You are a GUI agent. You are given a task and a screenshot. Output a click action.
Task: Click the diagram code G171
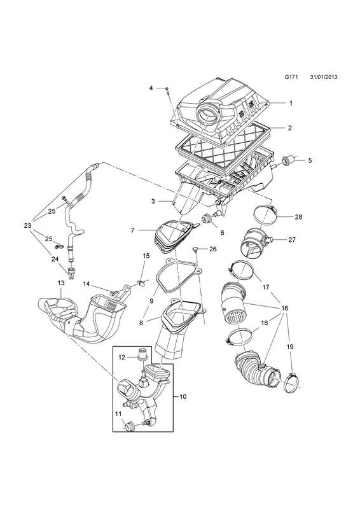pos(291,77)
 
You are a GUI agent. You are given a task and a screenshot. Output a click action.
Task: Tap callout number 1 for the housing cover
pos(291,103)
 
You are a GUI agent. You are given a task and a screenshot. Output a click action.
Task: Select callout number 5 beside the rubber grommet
pos(310,160)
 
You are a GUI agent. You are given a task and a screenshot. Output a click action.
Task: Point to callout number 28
pos(298,216)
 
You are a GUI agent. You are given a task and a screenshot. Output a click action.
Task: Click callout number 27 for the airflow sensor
pos(291,240)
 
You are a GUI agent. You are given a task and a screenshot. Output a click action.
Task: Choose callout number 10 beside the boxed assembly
pos(183,396)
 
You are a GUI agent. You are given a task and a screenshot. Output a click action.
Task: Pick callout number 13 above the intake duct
pos(61,282)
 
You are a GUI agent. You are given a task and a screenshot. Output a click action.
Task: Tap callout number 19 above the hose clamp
pos(290,347)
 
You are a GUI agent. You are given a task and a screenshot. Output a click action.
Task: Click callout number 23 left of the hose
pos(27,225)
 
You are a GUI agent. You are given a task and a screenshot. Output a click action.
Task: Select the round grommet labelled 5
pos(286,160)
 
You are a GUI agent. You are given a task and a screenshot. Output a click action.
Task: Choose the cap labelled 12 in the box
pos(142,354)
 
